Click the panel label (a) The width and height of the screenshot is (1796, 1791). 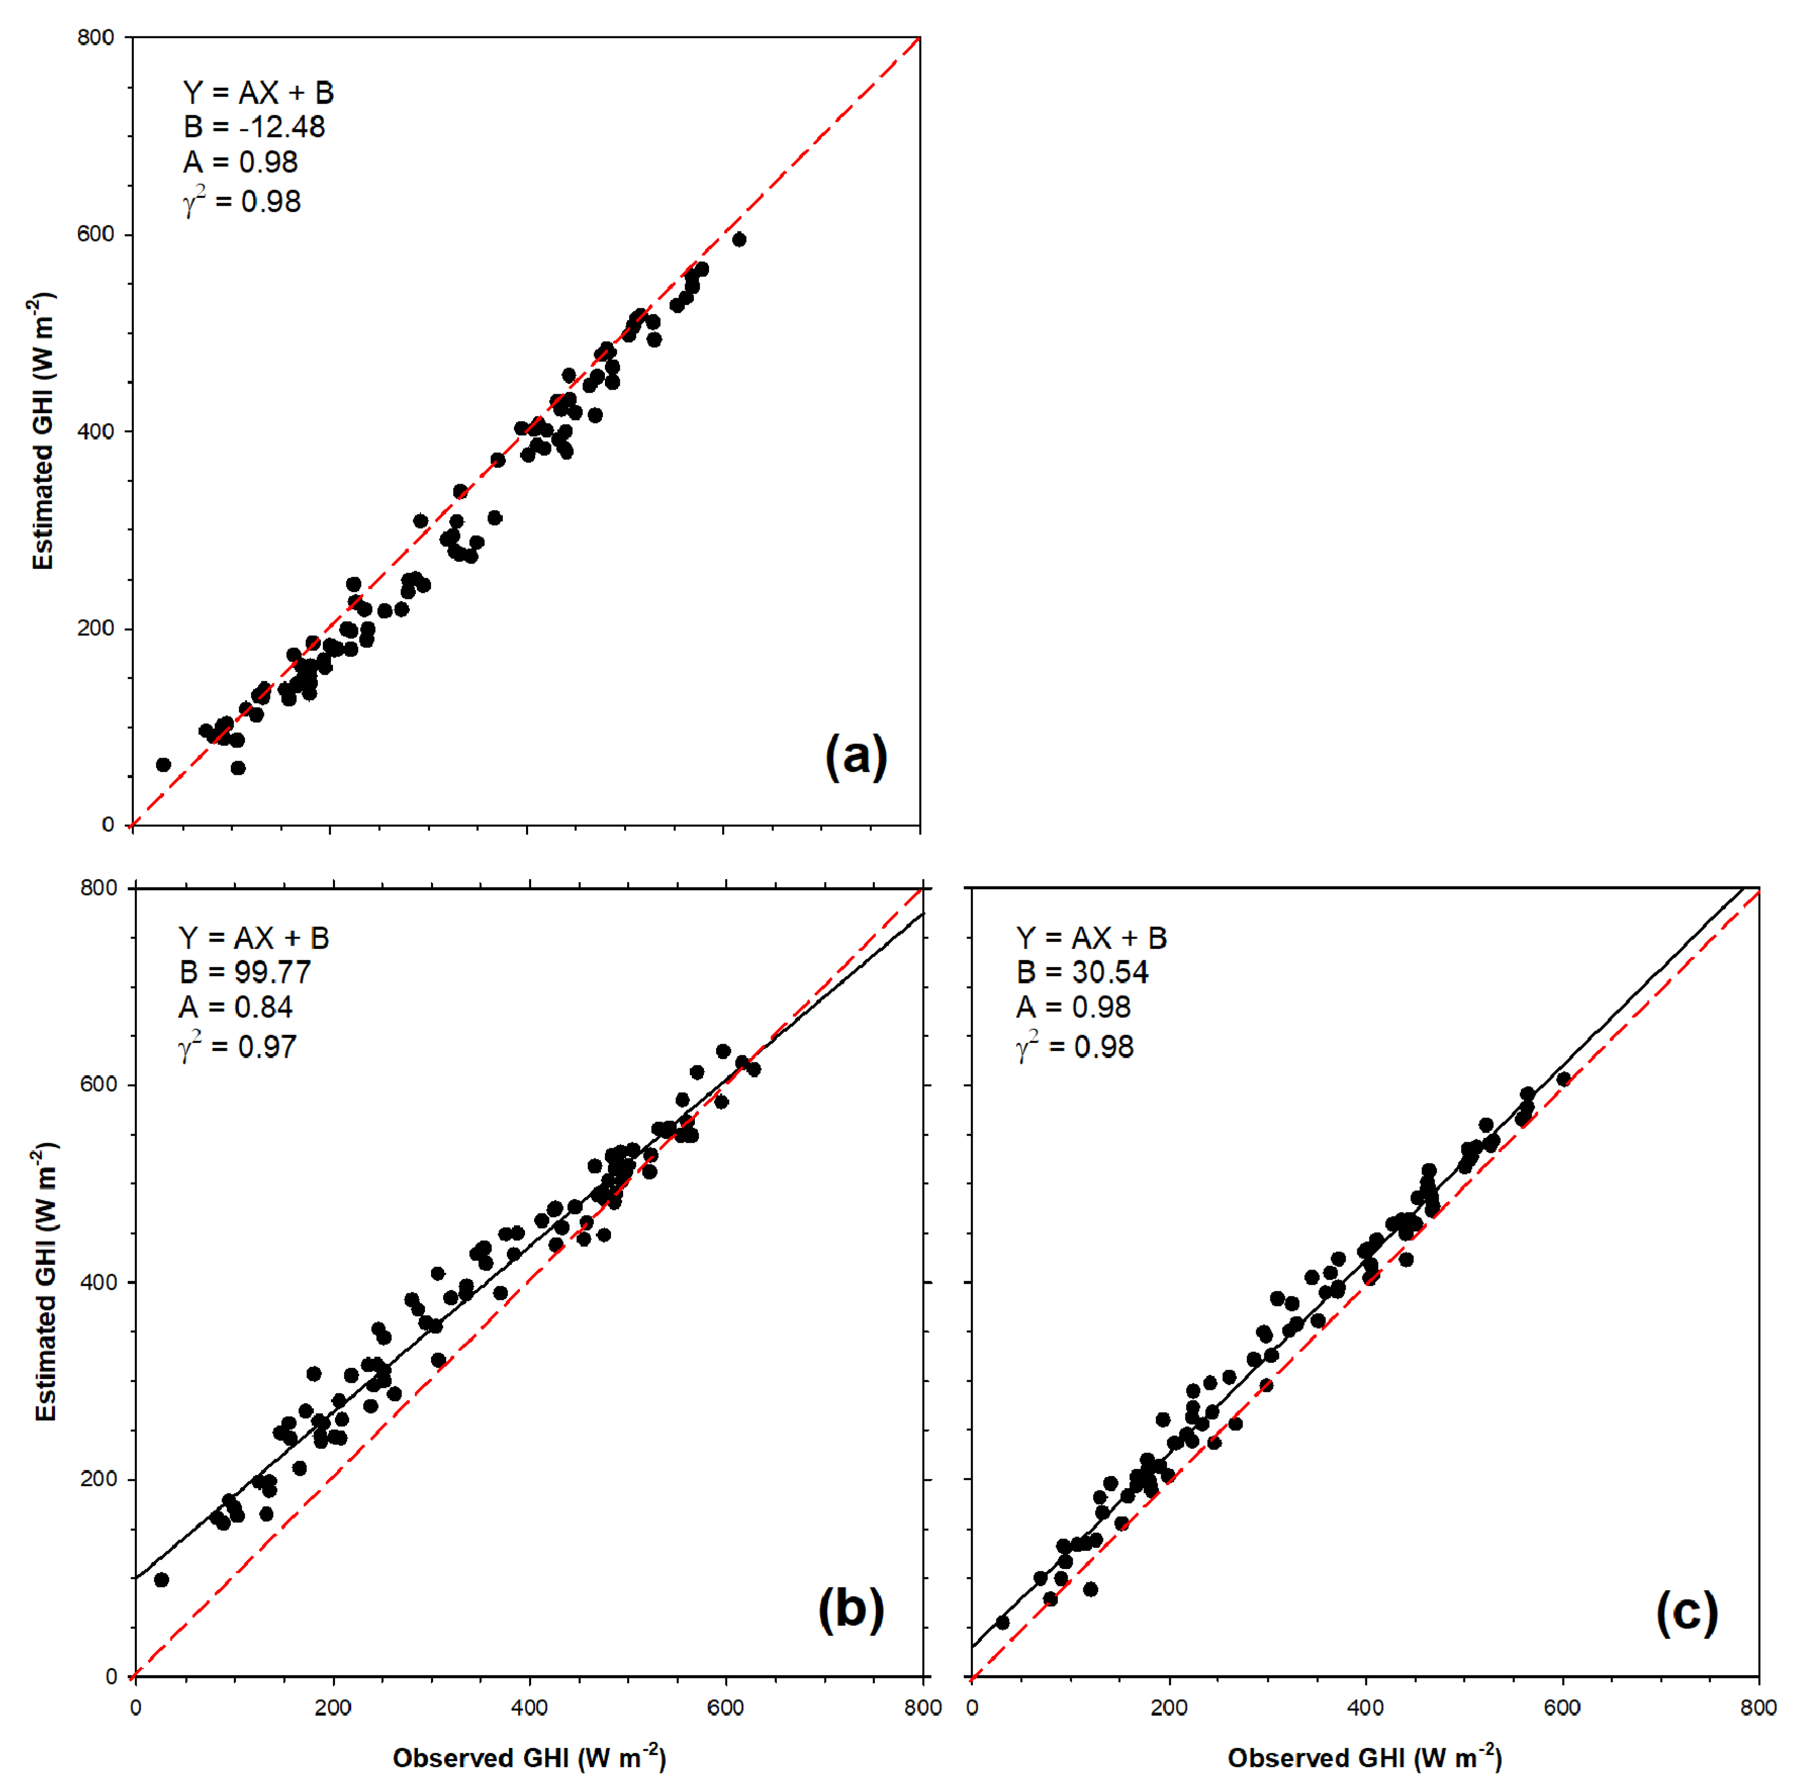[855, 756]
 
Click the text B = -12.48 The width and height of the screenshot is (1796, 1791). [254, 127]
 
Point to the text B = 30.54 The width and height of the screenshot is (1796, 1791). [1082, 972]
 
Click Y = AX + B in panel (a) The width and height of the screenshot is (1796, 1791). [258, 93]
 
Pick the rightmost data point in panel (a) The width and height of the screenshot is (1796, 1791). [739, 240]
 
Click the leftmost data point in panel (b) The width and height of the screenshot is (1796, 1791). [161, 1580]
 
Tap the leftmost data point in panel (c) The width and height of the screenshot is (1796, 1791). [1002, 1623]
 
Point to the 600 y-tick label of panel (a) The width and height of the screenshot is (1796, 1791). [96, 234]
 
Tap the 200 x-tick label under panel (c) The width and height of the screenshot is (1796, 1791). [1168, 1707]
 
